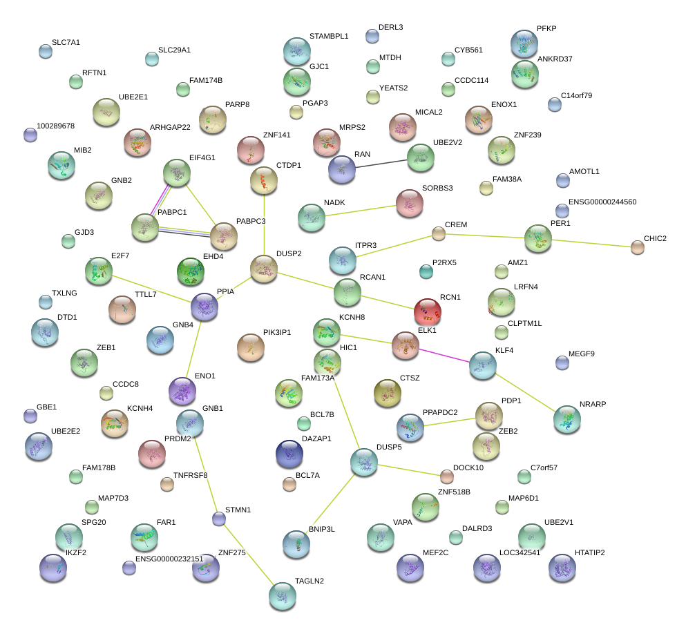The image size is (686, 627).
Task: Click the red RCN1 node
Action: coord(427,312)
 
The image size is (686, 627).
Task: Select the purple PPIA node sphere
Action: coord(204,307)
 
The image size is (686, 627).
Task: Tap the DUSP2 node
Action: coord(263,269)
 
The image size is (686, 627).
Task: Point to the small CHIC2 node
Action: coord(637,247)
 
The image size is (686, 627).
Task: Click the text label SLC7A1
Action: coord(66,43)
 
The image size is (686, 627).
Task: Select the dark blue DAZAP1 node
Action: coord(289,454)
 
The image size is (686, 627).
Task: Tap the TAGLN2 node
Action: coord(282,595)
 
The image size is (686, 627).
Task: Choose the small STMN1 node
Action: coord(219,519)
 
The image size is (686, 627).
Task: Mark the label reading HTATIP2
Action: coord(589,553)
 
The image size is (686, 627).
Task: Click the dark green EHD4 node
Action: coord(190,272)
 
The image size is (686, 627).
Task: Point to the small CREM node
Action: coord(439,233)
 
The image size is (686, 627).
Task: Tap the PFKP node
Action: coord(524,44)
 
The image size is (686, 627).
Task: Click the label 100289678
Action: coord(55,126)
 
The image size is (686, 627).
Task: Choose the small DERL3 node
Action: coord(372,35)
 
